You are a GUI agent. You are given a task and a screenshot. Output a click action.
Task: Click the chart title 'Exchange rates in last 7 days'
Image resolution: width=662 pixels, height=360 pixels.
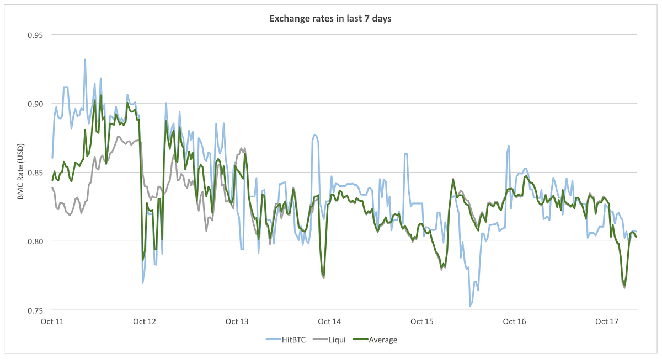pyautogui.click(x=330, y=19)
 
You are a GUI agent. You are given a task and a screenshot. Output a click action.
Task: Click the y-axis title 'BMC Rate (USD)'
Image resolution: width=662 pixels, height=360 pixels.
pyautogui.click(x=21, y=172)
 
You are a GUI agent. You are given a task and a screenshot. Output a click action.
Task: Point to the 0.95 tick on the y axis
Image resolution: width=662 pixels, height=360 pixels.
pyautogui.click(x=36, y=35)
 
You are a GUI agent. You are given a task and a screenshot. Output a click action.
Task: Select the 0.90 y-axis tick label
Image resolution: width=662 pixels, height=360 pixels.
pyautogui.click(x=36, y=104)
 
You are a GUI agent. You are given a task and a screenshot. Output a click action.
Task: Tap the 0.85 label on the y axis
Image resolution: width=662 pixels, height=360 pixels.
pyautogui.click(x=36, y=173)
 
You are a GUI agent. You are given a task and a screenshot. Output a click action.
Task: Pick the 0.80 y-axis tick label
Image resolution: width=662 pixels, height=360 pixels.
pyautogui.click(x=36, y=241)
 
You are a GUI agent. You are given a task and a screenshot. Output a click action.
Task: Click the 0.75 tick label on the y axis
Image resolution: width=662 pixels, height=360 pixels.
pyautogui.click(x=36, y=310)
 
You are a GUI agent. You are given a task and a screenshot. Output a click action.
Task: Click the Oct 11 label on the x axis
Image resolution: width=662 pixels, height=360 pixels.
pyautogui.click(x=52, y=321)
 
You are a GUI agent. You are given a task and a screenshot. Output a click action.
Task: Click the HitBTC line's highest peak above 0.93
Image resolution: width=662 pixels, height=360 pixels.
pyautogui.click(x=85, y=60)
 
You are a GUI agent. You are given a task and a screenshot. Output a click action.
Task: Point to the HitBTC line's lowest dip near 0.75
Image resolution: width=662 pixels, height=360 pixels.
pyautogui.click(x=470, y=305)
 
